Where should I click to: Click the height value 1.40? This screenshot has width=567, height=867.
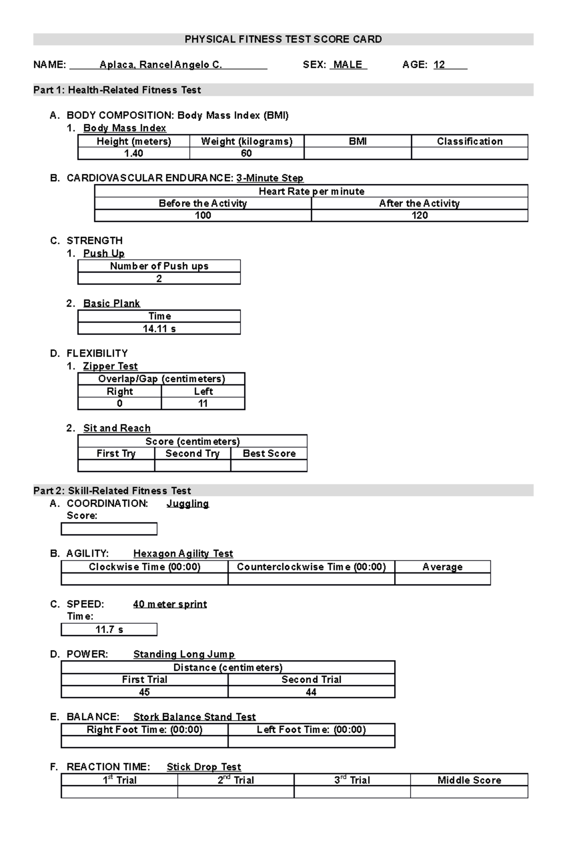point(134,154)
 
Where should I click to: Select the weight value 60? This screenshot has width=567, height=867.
point(246,154)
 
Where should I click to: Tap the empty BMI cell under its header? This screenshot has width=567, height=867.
point(358,154)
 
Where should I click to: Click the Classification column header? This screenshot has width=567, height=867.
point(470,141)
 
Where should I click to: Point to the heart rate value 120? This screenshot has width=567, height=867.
point(420,215)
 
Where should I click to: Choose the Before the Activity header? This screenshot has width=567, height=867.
point(203,204)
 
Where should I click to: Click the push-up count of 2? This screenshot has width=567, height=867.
point(159,279)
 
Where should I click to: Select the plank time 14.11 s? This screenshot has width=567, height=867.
point(159,329)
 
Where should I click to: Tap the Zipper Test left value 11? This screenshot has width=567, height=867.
point(203,403)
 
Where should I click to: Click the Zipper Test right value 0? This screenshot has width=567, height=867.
point(120,403)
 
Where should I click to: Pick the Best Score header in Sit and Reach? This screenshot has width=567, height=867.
point(269,454)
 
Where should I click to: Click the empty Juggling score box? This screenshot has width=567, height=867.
point(109,529)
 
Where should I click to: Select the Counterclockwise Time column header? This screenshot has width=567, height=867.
point(311,567)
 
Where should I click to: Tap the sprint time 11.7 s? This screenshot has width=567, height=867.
point(109,630)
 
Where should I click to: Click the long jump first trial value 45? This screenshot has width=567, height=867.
point(145,692)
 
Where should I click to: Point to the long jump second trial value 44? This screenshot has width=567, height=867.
point(311,692)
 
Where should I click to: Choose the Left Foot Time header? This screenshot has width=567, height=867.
point(311,730)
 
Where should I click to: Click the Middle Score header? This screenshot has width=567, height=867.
point(469,780)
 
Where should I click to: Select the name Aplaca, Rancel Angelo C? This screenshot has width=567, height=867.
point(161,65)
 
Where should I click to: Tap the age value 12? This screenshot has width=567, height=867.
point(439,65)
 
